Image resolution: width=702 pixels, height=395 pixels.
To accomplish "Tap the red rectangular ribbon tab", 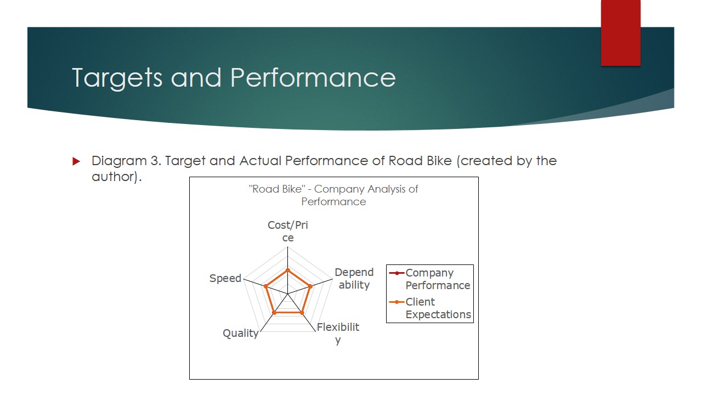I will click(x=620, y=33).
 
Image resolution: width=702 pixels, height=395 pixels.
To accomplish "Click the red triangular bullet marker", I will click(x=76, y=161).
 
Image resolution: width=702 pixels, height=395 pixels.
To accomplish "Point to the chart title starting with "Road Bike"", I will click(x=333, y=195).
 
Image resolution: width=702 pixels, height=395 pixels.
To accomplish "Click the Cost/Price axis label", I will click(x=287, y=231).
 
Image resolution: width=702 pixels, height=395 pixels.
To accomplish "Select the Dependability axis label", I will click(x=354, y=279).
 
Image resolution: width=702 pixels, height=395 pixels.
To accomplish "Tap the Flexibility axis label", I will click(x=338, y=333).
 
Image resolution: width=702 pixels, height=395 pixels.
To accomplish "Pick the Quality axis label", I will click(x=240, y=333).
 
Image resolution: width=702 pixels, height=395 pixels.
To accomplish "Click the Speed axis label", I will click(x=225, y=278).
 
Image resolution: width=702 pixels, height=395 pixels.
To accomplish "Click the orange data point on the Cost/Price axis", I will click(x=287, y=270).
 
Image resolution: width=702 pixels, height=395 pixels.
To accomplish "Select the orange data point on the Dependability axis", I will click(x=310, y=286).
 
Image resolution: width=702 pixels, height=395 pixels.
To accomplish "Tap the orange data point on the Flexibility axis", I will click(x=302, y=313).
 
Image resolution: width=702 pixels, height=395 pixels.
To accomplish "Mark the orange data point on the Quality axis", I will click(x=274, y=313).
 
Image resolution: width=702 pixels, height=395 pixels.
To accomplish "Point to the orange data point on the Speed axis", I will click(x=265, y=286).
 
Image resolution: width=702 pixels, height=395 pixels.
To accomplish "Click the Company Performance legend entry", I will click(x=429, y=279).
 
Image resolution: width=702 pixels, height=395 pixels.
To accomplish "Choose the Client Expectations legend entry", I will click(x=429, y=308).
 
